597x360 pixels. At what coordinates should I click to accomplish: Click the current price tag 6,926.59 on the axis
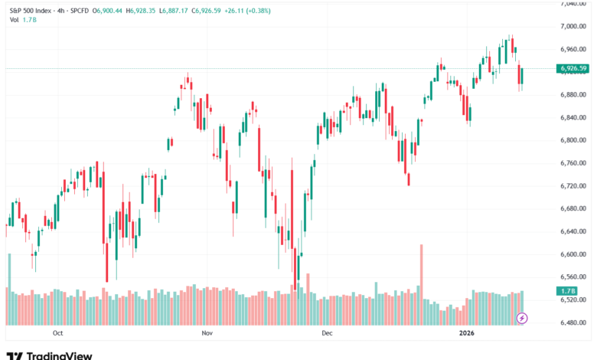click(x=573, y=68)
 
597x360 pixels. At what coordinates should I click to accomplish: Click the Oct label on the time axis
click(x=57, y=334)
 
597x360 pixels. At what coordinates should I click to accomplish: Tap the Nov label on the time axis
click(x=206, y=334)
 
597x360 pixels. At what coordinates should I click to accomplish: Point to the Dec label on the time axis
click(x=327, y=334)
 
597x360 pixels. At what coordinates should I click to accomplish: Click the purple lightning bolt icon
click(x=523, y=317)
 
